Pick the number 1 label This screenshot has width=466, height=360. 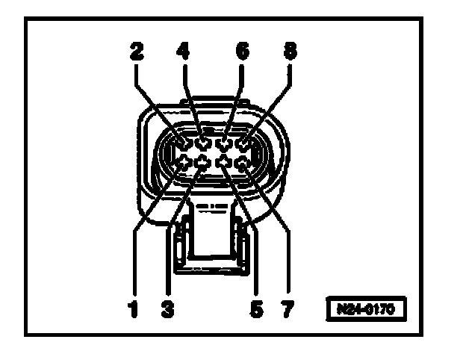pyautogui.click(x=134, y=308)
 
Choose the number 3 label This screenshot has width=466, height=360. pyautogui.click(x=167, y=308)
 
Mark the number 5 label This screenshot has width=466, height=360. pyautogui.click(x=256, y=308)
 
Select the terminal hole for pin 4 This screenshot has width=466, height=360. pyautogui.click(x=203, y=140)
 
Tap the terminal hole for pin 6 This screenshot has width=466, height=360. pyautogui.click(x=223, y=140)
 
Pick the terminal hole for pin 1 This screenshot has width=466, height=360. pyautogui.click(x=184, y=159)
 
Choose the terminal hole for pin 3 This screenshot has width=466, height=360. pyautogui.click(x=203, y=159)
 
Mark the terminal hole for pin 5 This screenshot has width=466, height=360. pyautogui.click(x=223, y=159)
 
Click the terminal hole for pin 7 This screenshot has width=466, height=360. pyautogui.click(x=243, y=159)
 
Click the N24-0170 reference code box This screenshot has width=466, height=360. pyautogui.click(x=369, y=308)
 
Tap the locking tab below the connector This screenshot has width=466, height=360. pyautogui.click(x=213, y=239)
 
